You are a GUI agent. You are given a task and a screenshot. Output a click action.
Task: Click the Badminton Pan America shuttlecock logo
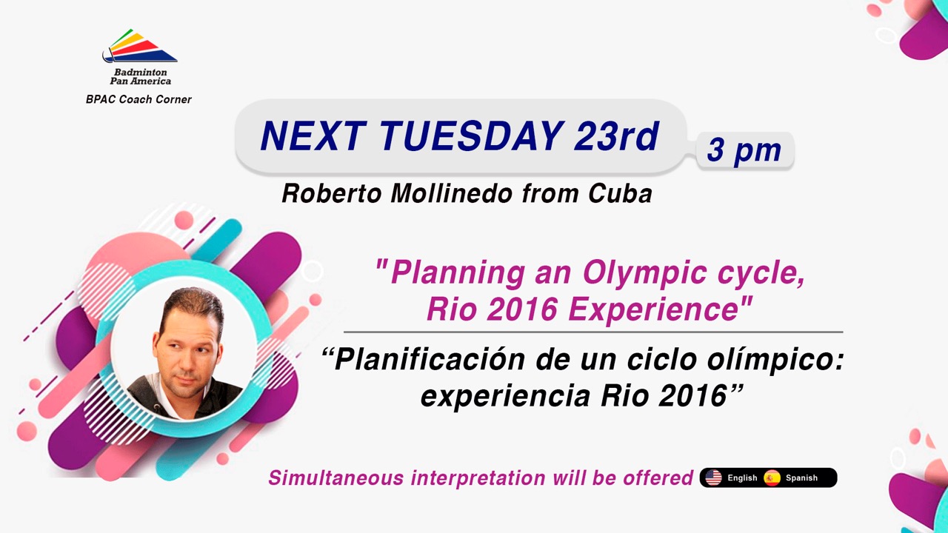(x=140, y=46)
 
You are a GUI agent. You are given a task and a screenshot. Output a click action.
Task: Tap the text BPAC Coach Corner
(x=138, y=99)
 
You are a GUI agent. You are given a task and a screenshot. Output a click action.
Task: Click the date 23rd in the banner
(x=617, y=136)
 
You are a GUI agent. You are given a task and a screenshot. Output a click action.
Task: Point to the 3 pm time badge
(x=745, y=150)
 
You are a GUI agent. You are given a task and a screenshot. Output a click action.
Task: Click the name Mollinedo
(x=452, y=194)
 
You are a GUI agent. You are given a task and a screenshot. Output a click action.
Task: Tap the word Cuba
(x=620, y=194)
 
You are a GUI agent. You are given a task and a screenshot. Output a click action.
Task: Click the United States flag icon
(x=713, y=477)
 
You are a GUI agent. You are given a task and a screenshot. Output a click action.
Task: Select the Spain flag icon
(x=772, y=477)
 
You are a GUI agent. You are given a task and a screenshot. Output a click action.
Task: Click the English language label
(x=742, y=478)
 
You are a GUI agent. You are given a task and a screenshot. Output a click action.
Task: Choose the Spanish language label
(x=801, y=478)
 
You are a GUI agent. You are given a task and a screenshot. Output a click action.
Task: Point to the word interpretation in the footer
(x=478, y=478)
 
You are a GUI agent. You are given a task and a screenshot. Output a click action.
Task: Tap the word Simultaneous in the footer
(x=336, y=478)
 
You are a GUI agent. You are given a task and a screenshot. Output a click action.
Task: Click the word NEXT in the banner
(x=313, y=136)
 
